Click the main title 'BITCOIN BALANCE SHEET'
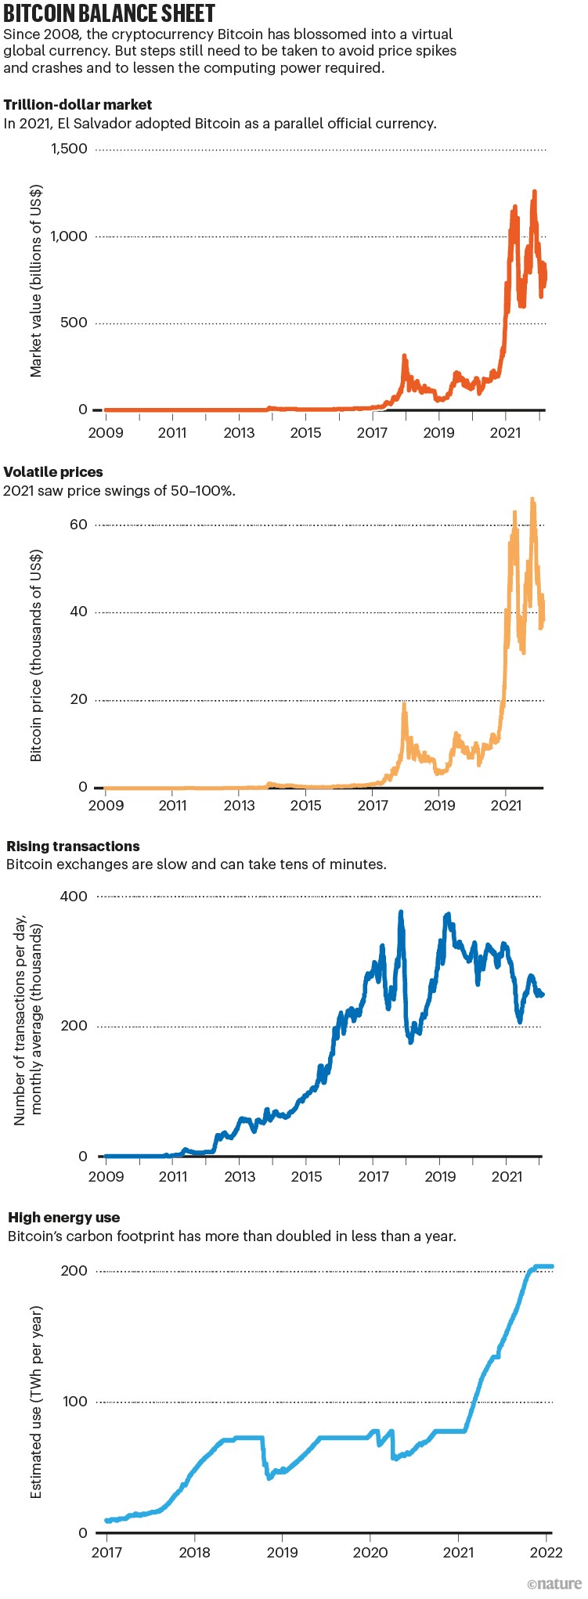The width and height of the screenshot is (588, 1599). point(109,13)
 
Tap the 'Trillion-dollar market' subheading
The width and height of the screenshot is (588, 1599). point(78,105)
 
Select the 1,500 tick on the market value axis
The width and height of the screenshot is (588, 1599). point(69,149)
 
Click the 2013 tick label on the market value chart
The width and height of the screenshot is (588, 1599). point(239,432)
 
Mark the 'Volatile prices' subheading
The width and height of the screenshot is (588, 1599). point(53,472)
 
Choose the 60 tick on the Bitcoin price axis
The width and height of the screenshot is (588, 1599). point(78,525)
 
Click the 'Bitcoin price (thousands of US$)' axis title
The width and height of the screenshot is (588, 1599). point(36,655)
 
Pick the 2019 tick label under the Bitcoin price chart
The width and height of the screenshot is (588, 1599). point(439,805)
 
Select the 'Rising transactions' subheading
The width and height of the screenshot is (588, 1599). point(73,846)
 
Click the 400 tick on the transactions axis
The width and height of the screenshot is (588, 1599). point(74,896)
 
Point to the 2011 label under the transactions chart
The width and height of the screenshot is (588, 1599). point(173,1176)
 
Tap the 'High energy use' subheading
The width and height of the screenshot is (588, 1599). point(64,1218)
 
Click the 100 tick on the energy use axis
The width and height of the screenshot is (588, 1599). point(74,1401)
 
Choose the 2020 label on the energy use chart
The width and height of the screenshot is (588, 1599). point(370,1552)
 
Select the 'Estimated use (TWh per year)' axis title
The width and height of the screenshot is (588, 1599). point(36,1402)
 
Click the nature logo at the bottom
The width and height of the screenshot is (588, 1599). point(554,1584)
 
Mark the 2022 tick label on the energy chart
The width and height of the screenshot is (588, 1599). point(547,1552)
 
